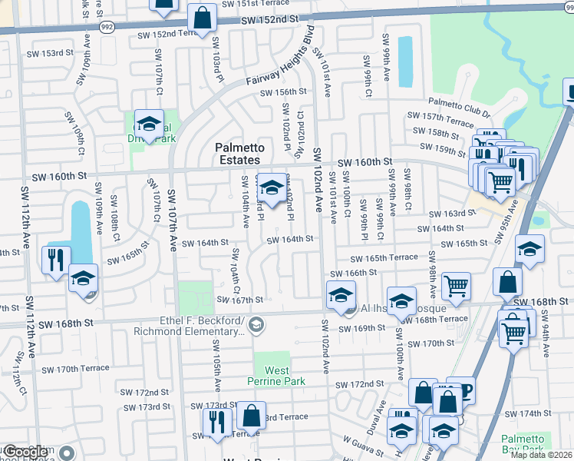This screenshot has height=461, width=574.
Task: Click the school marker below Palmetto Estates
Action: tap(271, 187)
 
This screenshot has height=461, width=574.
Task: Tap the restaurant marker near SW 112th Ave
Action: tap(57, 259)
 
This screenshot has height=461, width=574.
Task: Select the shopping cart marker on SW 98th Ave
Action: tap(456, 286)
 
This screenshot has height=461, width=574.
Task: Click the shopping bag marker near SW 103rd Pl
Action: tap(201, 19)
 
